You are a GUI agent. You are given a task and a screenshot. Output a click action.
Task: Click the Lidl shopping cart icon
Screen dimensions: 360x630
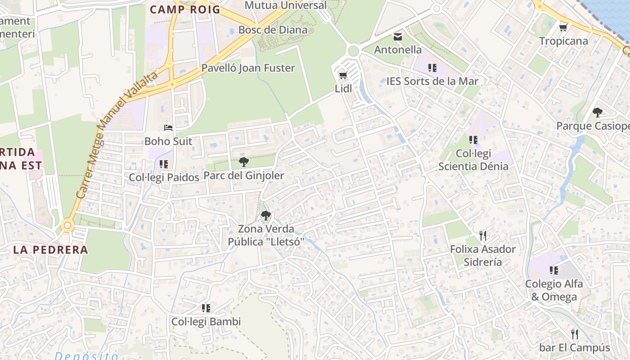(x=343, y=75)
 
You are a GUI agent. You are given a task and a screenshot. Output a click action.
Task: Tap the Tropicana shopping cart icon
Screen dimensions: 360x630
(x=563, y=28)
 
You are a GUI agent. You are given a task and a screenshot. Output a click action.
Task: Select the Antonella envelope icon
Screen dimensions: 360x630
(x=398, y=36)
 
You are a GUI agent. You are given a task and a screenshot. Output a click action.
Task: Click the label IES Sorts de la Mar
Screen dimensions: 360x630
(x=432, y=81)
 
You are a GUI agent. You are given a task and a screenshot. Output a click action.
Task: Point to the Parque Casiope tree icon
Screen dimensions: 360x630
(x=597, y=112)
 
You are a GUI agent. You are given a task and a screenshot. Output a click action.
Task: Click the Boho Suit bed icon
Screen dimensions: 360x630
(x=168, y=128)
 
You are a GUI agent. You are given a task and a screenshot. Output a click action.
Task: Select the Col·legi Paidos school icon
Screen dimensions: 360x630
(x=164, y=164)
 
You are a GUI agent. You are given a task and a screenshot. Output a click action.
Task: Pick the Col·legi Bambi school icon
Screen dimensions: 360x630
(x=206, y=308)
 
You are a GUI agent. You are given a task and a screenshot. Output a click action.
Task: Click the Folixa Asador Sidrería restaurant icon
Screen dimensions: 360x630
(x=483, y=235)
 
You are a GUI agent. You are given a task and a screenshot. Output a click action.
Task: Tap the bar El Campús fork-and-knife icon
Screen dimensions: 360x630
(x=575, y=334)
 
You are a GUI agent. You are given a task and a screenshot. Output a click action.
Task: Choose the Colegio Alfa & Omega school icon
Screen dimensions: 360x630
(x=554, y=270)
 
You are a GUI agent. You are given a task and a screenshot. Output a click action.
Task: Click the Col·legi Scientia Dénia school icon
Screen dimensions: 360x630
(x=473, y=140)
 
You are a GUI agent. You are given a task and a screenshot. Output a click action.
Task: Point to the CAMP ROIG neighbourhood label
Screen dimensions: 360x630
(x=185, y=9)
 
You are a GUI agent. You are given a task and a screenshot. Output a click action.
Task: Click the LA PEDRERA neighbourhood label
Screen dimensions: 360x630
(x=50, y=250)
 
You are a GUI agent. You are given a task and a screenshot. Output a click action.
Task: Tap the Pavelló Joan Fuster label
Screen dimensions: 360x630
(x=248, y=68)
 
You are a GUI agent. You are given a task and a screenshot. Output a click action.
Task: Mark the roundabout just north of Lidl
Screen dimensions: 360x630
(x=353, y=51)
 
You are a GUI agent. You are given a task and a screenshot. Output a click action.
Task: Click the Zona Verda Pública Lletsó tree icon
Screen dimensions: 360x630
(x=266, y=215)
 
